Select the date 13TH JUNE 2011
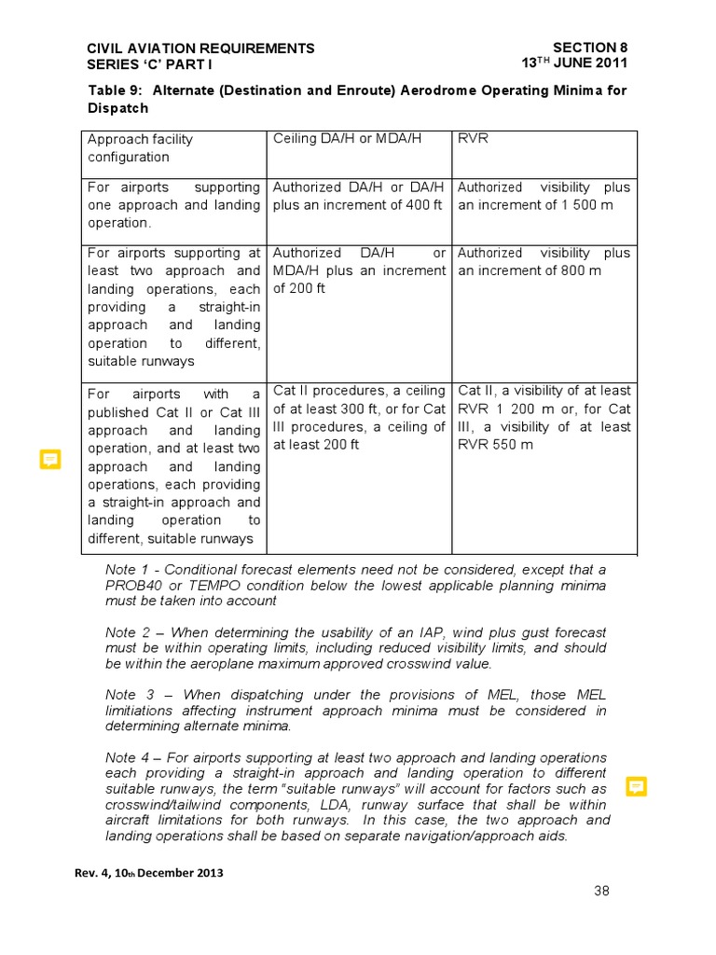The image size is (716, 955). point(574,63)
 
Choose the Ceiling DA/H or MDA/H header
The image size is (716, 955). point(347,139)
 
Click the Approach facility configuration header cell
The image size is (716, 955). point(140,147)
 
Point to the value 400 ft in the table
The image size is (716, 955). point(420,205)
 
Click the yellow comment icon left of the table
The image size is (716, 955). point(50,459)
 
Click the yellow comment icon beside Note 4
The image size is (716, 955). point(637,786)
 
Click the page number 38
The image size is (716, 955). point(601,891)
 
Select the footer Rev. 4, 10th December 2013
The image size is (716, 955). point(149,873)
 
